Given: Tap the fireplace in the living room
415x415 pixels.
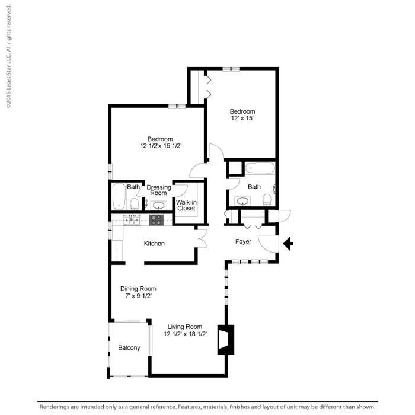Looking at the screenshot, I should [x=225, y=340].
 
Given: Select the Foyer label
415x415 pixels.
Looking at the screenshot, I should [x=243, y=242].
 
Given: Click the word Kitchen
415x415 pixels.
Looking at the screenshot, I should [x=154, y=244].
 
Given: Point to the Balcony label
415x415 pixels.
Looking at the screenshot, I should [x=129, y=348].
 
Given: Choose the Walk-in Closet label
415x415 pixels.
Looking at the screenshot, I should [x=186, y=205].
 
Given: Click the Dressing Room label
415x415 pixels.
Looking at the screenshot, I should [x=158, y=190].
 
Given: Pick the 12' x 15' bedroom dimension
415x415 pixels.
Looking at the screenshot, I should [x=242, y=119].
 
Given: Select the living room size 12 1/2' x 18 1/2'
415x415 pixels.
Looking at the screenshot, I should [x=184, y=334].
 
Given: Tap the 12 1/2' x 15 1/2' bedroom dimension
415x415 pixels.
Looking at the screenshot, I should [x=160, y=146].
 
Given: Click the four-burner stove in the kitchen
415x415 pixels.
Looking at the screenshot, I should [x=156, y=219].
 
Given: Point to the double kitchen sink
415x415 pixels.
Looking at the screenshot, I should [x=131, y=221].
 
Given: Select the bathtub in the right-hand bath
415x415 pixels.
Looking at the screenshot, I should [x=260, y=168].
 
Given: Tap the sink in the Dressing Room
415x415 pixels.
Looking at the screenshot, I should [x=158, y=206].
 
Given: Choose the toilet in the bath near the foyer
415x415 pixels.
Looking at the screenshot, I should [x=267, y=199].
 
